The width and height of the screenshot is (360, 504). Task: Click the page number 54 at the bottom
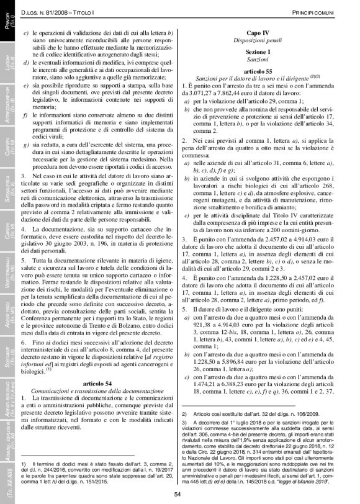coord(177,494)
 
